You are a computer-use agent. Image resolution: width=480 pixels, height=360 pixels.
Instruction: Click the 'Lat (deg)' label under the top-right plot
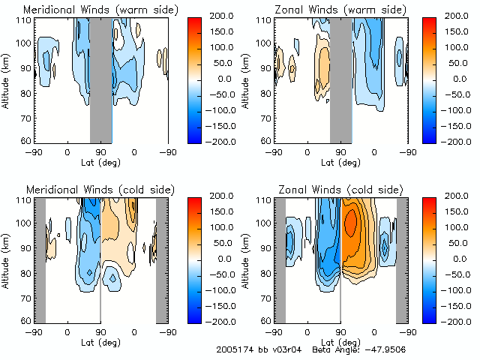pos(341,160)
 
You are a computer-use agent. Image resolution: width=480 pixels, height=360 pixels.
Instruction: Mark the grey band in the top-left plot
pos(101,79)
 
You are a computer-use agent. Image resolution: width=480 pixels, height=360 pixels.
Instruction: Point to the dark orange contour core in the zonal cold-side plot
pos(350,223)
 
